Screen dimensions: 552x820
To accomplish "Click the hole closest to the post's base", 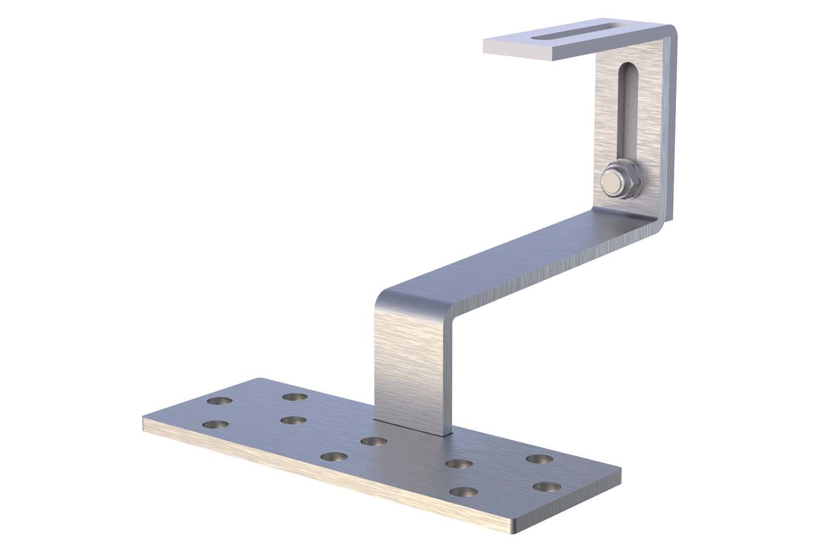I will [x=373, y=441].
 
